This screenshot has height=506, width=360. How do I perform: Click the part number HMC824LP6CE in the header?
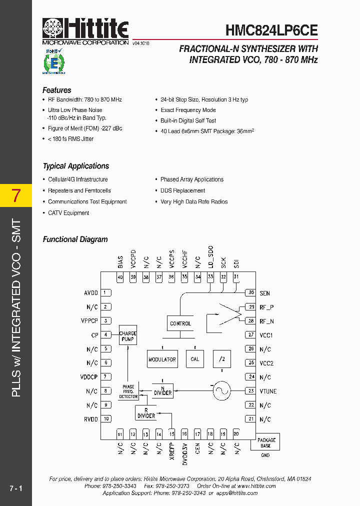[271, 30]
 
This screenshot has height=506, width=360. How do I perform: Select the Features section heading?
[57, 90]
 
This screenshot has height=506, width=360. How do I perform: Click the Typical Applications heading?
[75, 166]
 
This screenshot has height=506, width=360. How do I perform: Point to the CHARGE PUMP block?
[127, 336]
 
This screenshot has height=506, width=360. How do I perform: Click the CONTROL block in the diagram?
[180, 323]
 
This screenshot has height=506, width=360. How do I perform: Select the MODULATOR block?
[162, 359]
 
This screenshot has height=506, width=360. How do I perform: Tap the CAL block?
[195, 359]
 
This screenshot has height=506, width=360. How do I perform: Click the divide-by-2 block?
[221, 359]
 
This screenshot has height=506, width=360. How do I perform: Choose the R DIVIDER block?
[146, 413]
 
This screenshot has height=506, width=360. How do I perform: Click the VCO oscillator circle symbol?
[221, 391]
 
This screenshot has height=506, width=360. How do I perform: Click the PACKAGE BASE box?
[266, 442]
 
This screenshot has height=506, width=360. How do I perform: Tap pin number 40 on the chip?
[120, 277]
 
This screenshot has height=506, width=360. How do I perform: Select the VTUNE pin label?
[268, 391]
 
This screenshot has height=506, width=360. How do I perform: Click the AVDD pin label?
[91, 293]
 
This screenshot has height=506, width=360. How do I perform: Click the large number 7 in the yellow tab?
[16, 195]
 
